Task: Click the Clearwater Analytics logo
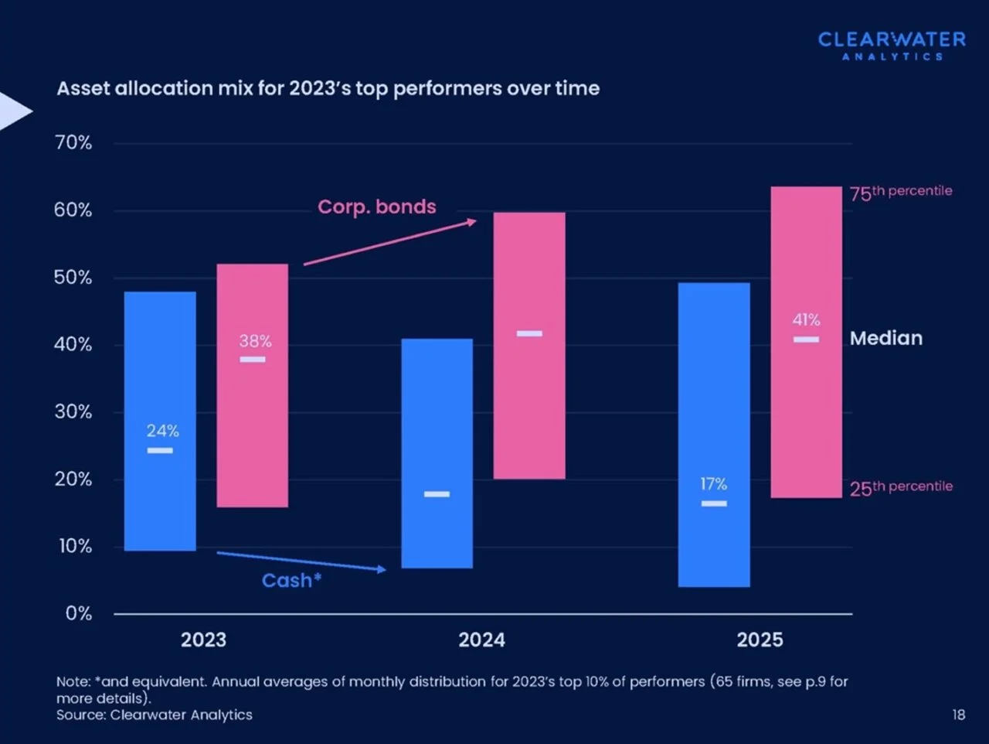tap(892, 45)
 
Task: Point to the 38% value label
tap(255, 341)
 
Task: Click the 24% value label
tap(163, 431)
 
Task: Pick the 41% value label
tap(806, 319)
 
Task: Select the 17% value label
tap(713, 484)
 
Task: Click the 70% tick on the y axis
tap(73, 143)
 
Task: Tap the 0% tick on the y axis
tap(79, 614)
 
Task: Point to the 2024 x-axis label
tap(481, 640)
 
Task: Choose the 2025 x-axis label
tap(760, 640)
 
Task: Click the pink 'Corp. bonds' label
tap(377, 207)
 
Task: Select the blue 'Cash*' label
tap(291, 581)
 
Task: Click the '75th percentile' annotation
tap(901, 192)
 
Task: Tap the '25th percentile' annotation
tap(901, 487)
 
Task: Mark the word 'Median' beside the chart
tap(886, 338)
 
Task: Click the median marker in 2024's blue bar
tap(437, 494)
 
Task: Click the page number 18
tap(959, 715)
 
